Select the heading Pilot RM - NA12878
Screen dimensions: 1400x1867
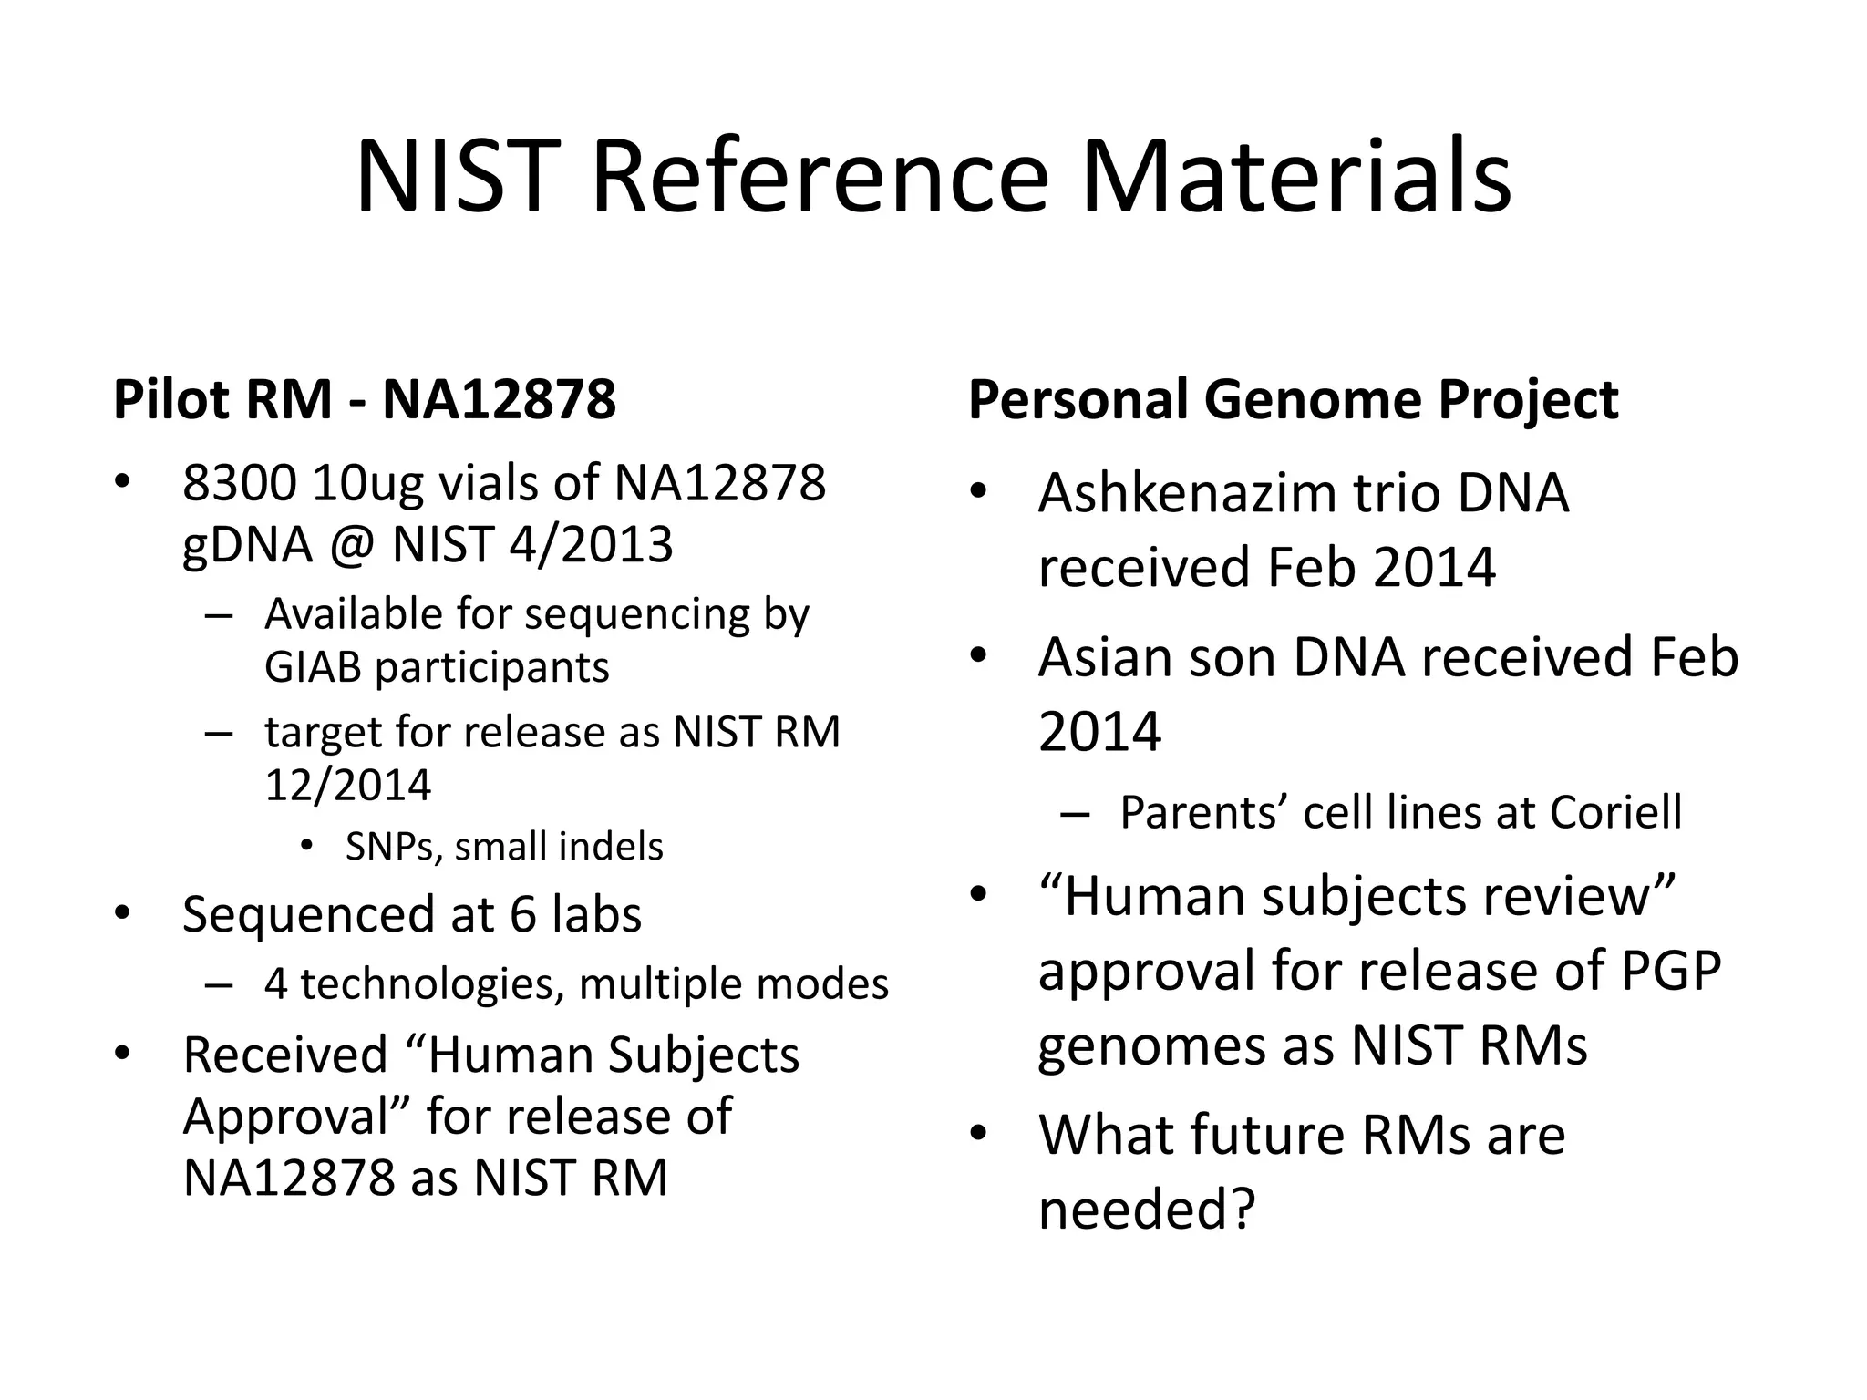pyautogui.click(x=365, y=399)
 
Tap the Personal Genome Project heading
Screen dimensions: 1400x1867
pyautogui.click(x=1293, y=399)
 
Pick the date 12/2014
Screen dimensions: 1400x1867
pyautogui.click(x=347, y=785)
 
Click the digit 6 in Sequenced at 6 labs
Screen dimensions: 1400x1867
pyautogui.click(x=522, y=914)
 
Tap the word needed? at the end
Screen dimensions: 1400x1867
pyautogui.click(x=1147, y=1210)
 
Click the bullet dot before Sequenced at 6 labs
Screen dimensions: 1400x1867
pyautogui.click(x=122, y=913)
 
